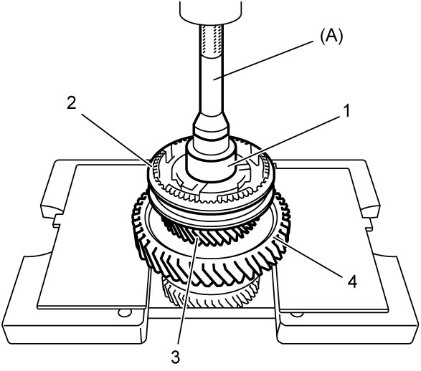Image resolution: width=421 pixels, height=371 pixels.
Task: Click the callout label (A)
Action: (x=331, y=37)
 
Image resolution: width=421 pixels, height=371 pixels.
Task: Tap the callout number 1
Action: (x=347, y=111)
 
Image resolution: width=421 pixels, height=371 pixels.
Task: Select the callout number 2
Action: (x=72, y=103)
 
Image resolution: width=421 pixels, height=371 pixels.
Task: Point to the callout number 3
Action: (x=175, y=357)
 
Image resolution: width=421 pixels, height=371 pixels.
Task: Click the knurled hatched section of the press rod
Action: (x=212, y=40)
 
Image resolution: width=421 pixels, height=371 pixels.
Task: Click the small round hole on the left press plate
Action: (x=125, y=312)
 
